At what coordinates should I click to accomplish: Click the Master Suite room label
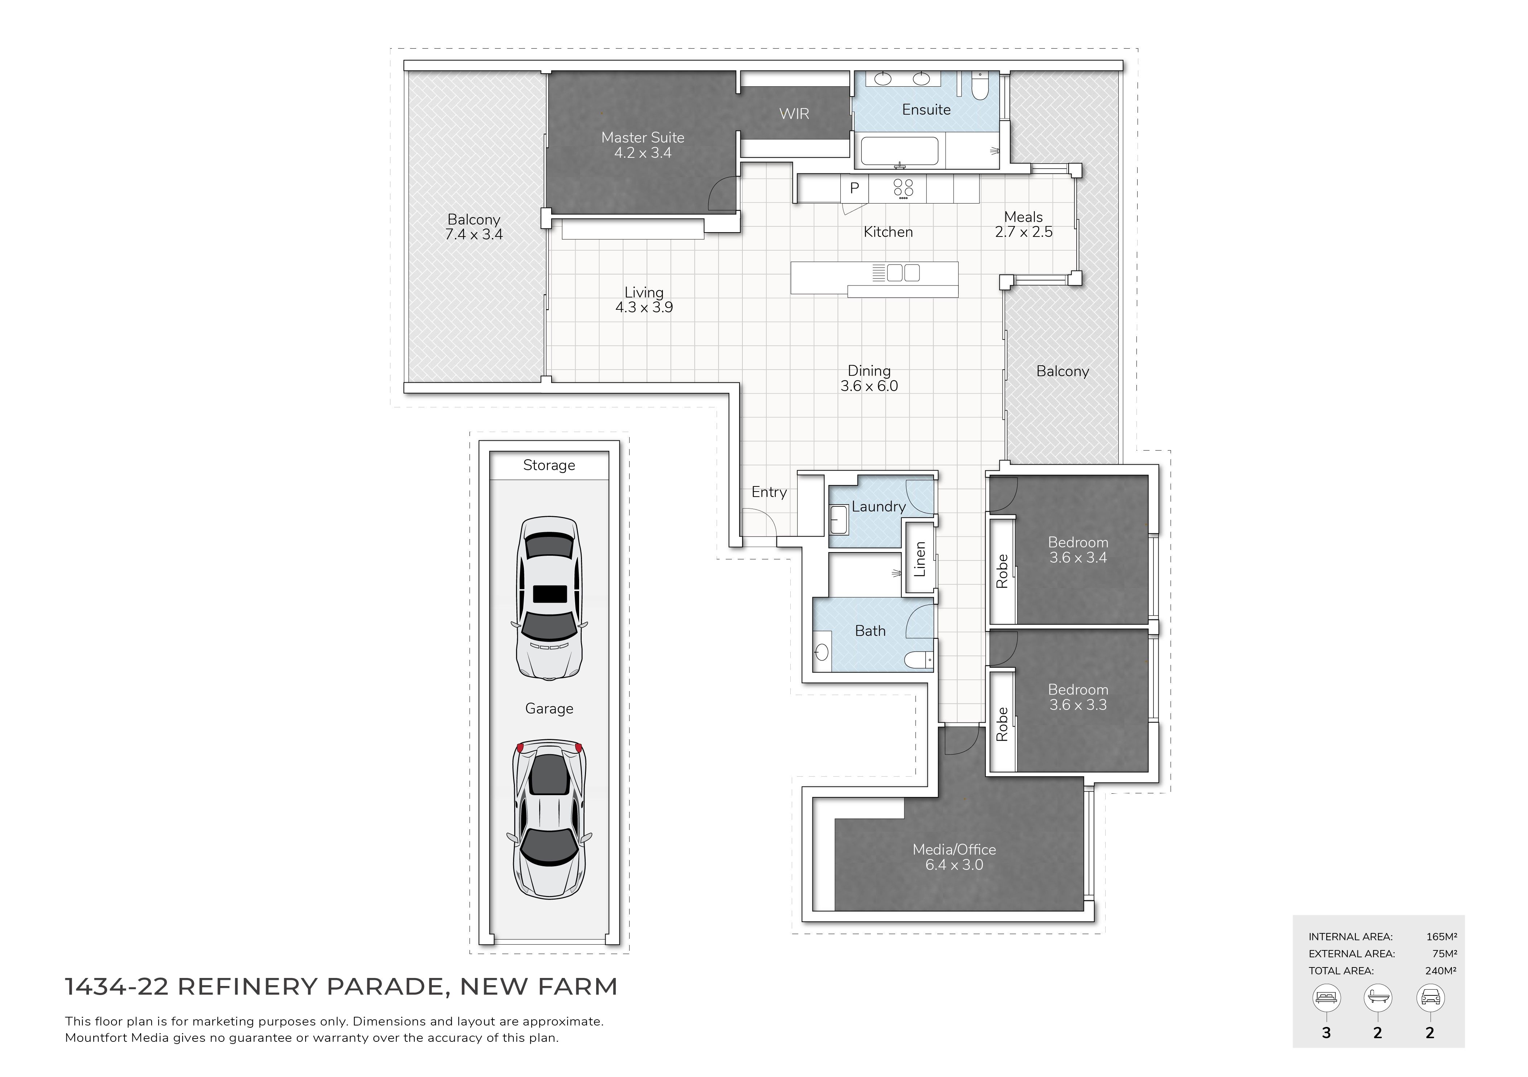(643, 138)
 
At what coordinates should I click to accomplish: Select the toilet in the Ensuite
(980, 86)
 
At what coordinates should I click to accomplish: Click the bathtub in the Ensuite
(900, 151)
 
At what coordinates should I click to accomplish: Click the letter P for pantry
(855, 188)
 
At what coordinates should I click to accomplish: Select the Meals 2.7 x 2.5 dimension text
(1024, 232)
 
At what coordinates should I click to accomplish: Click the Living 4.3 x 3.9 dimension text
(644, 307)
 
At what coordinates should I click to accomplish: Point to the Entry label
(769, 492)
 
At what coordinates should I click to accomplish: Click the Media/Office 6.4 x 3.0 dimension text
(954, 865)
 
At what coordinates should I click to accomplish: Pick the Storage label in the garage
(549, 466)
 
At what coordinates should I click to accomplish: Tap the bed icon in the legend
(1326, 998)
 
